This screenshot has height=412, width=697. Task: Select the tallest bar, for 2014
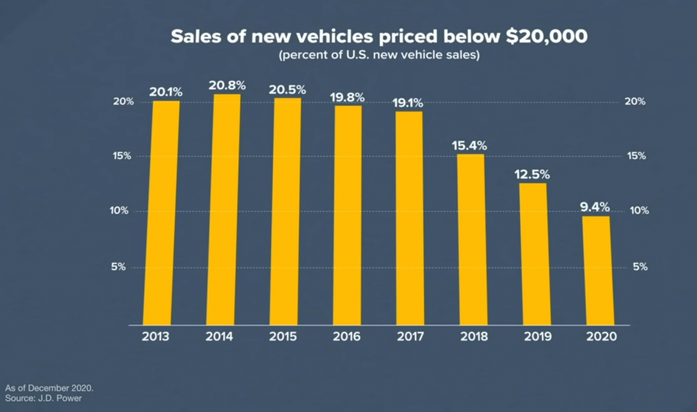(226, 209)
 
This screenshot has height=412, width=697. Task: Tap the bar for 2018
(470, 239)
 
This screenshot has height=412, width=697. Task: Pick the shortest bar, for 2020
(596, 270)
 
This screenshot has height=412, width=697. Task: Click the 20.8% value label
(227, 86)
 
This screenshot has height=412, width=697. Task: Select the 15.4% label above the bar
(469, 145)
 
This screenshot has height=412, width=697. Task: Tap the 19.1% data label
(407, 103)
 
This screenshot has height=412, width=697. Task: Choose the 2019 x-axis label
(535, 337)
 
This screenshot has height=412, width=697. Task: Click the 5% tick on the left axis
(118, 267)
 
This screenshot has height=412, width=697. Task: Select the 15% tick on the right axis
(635, 156)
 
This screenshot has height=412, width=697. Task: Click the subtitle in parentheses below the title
(379, 56)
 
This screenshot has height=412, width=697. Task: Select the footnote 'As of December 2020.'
(49, 387)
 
